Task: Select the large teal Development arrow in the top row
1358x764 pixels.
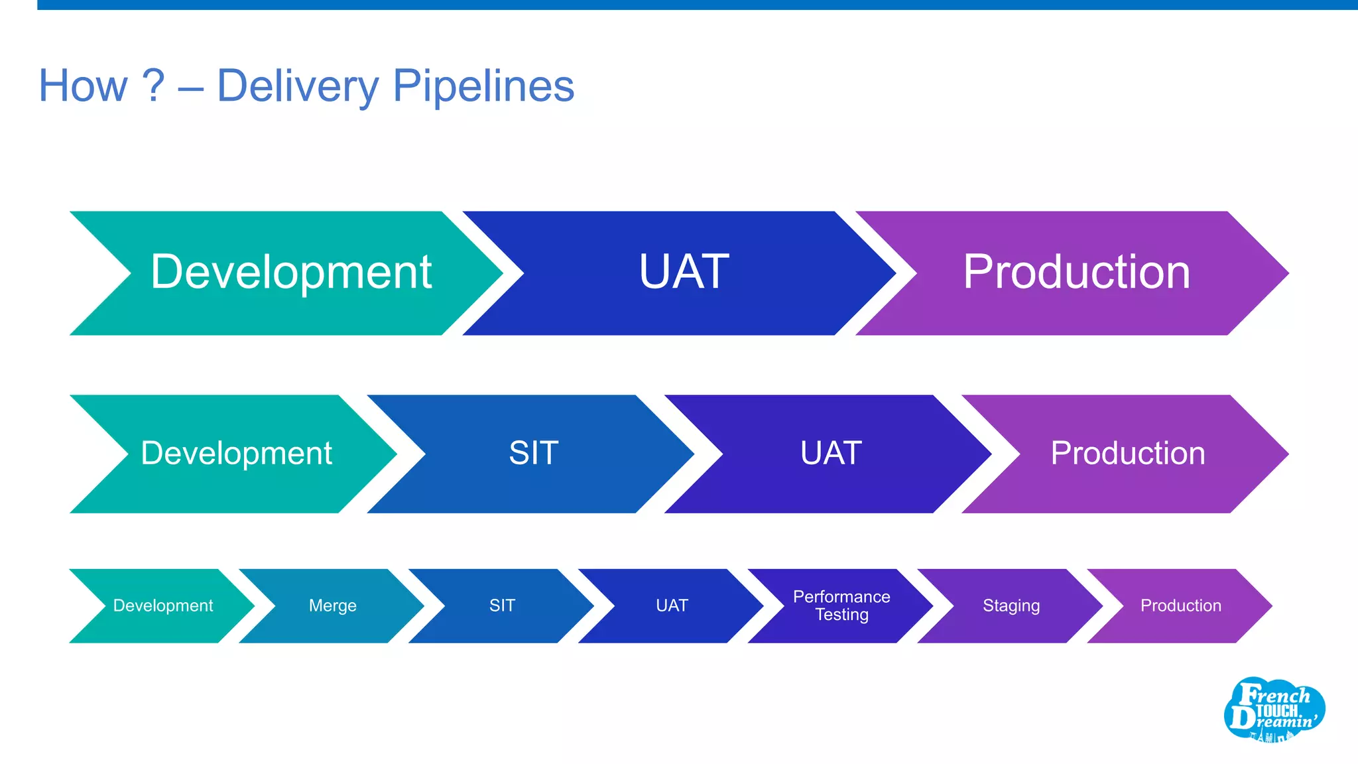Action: coord(290,273)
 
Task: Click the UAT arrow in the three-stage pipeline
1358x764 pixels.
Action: coord(683,273)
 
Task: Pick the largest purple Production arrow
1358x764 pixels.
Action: coord(1076,273)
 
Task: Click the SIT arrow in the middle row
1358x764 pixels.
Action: coord(533,454)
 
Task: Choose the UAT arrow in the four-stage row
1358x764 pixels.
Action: coord(830,454)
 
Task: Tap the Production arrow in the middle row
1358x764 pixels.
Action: coord(1127,454)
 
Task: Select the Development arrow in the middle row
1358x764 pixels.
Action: coord(236,454)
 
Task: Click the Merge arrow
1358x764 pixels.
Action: coord(332,605)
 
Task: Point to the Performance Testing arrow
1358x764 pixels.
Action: coord(841,605)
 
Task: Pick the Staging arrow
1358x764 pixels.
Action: coord(1011,605)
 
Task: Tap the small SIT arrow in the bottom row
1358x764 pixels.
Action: coord(502,605)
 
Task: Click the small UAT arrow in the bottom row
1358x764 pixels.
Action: coord(672,605)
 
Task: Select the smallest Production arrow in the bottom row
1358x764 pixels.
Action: coord(1180,605)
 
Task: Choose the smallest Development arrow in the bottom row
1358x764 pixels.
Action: coord(162,605)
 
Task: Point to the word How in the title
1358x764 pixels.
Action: coord(83,86)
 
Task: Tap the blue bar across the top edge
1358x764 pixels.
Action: coord(696,5)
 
